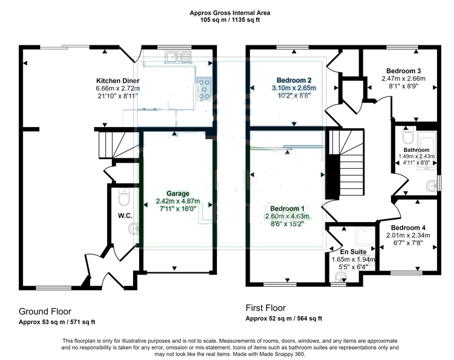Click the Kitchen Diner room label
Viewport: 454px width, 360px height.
coord(118,80)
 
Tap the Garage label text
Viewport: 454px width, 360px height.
coord(178,194)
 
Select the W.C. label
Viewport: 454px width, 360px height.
coord(125,215)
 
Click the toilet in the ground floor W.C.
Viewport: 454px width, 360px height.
coord(124,197)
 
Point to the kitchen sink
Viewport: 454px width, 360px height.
coord(178,57)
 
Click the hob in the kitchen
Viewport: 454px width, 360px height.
coord(204,89)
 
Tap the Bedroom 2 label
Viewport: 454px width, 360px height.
coord(294,80)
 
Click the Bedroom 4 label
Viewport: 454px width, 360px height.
coord(408,228)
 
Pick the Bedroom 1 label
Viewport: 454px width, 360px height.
coord(287,209)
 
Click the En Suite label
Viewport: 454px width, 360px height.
coord(353,252)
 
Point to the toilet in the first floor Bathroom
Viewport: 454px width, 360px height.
coord(407,136)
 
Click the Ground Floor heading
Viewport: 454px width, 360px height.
coord(45,312)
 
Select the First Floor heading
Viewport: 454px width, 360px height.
coord(265,308)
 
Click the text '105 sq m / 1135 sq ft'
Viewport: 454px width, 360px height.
coord(230,20)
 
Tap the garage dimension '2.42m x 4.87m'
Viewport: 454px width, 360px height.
coord(178,201)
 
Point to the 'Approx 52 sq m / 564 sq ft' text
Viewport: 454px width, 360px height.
coord(284,318)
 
